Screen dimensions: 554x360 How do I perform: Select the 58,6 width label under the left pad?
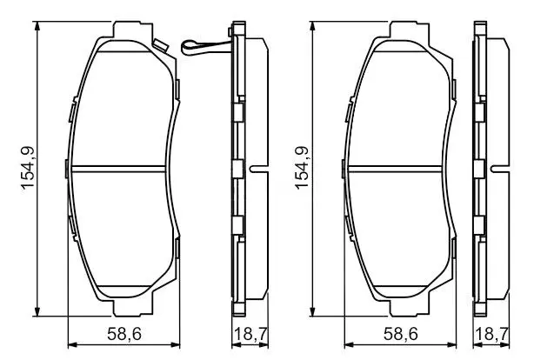[x=124, y=334]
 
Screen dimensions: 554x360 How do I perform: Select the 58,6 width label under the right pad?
[x=401, y=334]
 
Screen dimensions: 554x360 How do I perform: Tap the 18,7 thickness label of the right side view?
[x=492, y=334]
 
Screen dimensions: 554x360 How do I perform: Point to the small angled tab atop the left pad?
[x=160, y=45]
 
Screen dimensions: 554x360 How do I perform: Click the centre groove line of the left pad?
[x=118, y=169]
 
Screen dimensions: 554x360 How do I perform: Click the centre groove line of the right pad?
[x=395, y=169]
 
